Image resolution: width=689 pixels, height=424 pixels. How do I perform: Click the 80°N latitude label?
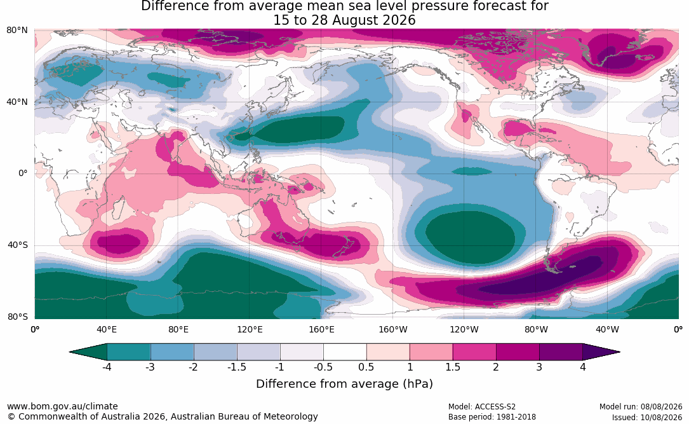(17, 31)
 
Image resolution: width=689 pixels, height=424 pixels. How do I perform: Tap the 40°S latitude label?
(18, 245)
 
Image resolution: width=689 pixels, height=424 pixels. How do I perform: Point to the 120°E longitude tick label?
(250, 329)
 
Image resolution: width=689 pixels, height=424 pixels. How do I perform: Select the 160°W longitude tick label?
(393, 329)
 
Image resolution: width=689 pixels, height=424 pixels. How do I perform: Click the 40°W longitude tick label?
(607, 329)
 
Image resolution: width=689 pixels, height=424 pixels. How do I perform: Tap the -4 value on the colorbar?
(106, 367)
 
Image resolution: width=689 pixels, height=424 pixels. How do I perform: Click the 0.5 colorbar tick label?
(366, 367)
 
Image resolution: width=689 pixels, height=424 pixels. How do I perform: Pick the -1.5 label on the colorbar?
(236, 367)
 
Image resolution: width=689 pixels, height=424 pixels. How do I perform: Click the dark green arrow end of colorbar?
(88, 352)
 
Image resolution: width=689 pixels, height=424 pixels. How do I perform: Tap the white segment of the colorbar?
(345, 352)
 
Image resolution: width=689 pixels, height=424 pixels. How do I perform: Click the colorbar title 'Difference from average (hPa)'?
(344, 383)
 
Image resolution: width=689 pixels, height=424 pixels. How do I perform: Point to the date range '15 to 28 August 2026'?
(344, 20)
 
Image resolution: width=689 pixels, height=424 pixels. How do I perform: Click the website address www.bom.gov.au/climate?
(62, 406)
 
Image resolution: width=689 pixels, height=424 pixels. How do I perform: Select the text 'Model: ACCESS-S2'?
(482, 407)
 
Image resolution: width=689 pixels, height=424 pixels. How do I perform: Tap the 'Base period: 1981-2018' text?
(492, 417)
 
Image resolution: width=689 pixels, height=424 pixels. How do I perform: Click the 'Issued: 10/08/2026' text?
(647, 417)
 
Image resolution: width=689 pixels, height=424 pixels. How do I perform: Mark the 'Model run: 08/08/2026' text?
(641, 407)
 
